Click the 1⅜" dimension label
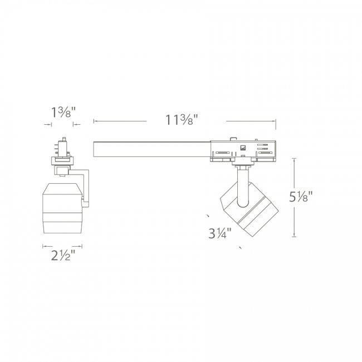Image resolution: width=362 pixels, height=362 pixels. (63, 112)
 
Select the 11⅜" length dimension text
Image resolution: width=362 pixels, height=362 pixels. (182, 120)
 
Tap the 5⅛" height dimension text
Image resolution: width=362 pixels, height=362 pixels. (301, 197)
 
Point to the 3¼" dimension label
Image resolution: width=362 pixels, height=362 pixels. (220, 233)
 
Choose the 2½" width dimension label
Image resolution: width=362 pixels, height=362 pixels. (63, 255)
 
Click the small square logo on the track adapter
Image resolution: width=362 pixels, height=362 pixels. (243, 148)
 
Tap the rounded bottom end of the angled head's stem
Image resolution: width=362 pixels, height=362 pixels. (243, 204)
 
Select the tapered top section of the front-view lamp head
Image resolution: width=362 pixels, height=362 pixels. (62, 189)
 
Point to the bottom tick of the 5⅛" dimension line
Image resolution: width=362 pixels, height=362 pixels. (294, 236)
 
